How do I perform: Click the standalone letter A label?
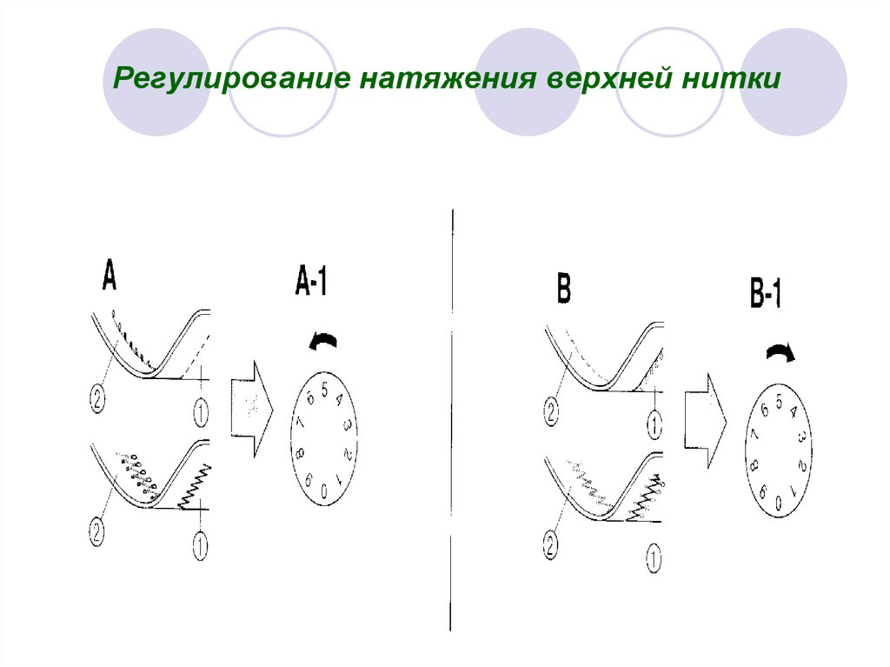(x=109, y=277)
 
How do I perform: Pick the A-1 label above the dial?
(x=311, y=283)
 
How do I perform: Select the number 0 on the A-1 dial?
(x=323, y=492)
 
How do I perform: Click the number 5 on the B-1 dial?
(x=780, y=401)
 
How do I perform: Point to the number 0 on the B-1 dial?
(x=779, y=502)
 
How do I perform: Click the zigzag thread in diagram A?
(x=195, y=488)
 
